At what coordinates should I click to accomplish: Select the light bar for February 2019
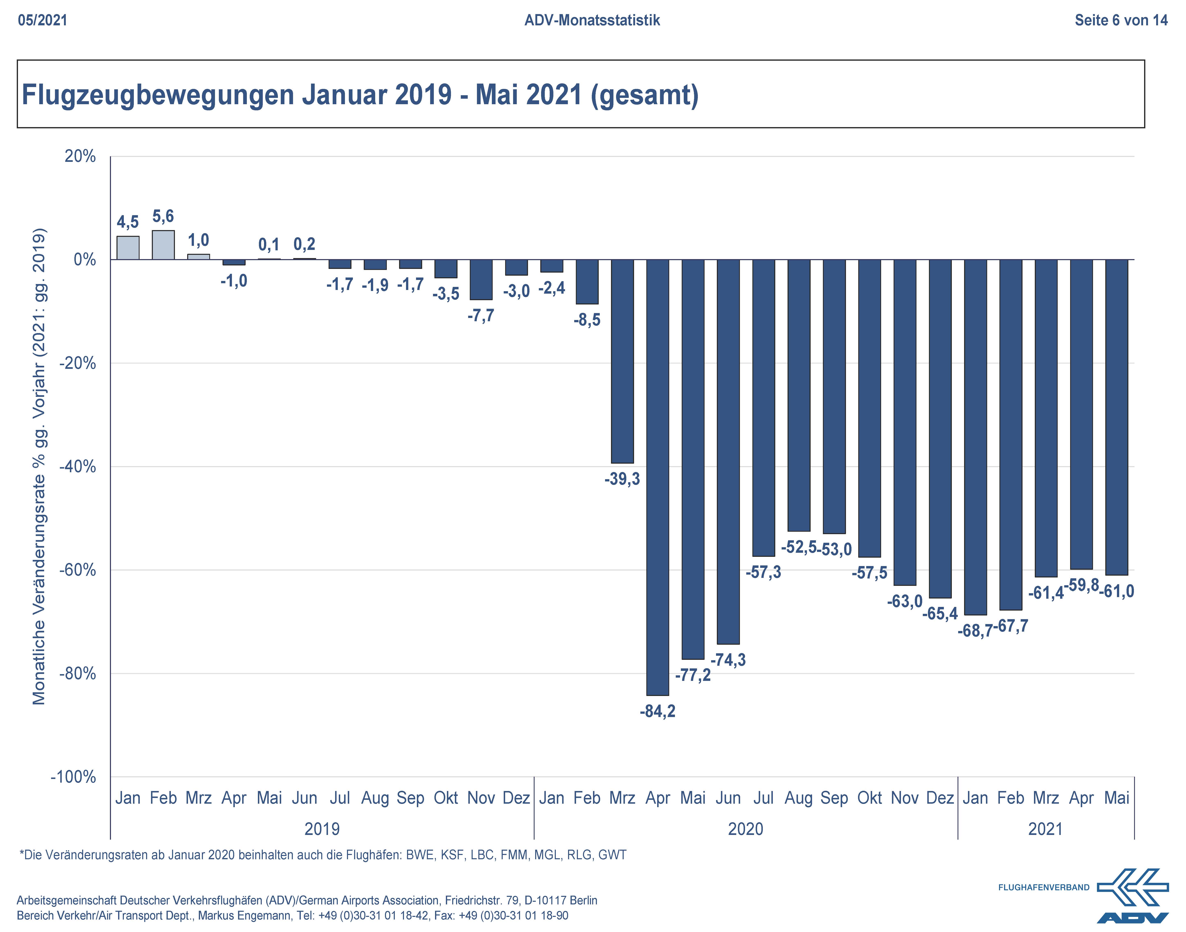pos(163,245)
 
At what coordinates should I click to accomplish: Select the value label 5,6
pos(163,217)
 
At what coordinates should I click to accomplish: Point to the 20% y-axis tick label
pos(80,157)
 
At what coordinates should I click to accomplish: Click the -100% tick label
pos(73,776)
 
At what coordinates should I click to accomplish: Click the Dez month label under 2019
pos(516,798)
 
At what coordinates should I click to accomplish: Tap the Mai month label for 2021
pos(1116,798)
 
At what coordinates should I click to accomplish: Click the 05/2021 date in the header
pos(43,21)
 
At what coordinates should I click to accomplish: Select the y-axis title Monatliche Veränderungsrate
pos(39,467)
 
